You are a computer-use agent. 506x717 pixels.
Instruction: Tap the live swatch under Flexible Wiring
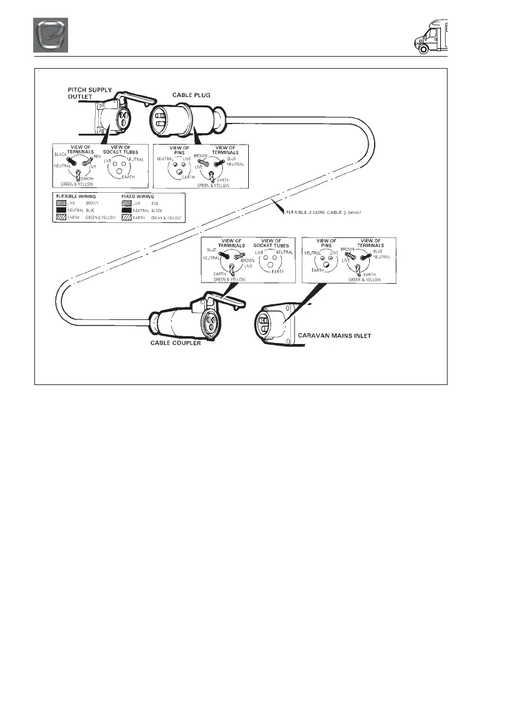(x=60, y=204)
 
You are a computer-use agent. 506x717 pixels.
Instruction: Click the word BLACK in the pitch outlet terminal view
(x=60, y=154)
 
